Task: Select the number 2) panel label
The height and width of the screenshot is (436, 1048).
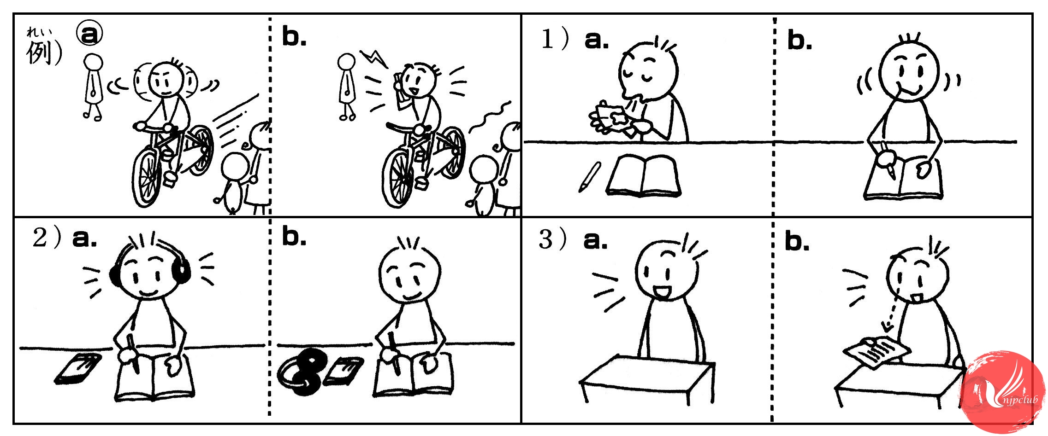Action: click(x=47, y=238)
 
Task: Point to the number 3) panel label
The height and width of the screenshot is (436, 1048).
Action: click(x=552, y=239)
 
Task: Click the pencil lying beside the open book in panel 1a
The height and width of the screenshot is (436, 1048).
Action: click(x=590, y=176)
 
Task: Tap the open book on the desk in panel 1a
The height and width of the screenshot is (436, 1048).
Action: click(x=643, y=176)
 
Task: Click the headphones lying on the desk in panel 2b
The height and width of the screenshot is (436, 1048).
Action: click(x=302, y=373)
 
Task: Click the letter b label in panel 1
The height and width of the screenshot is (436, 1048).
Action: click(x=799, y=41)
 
